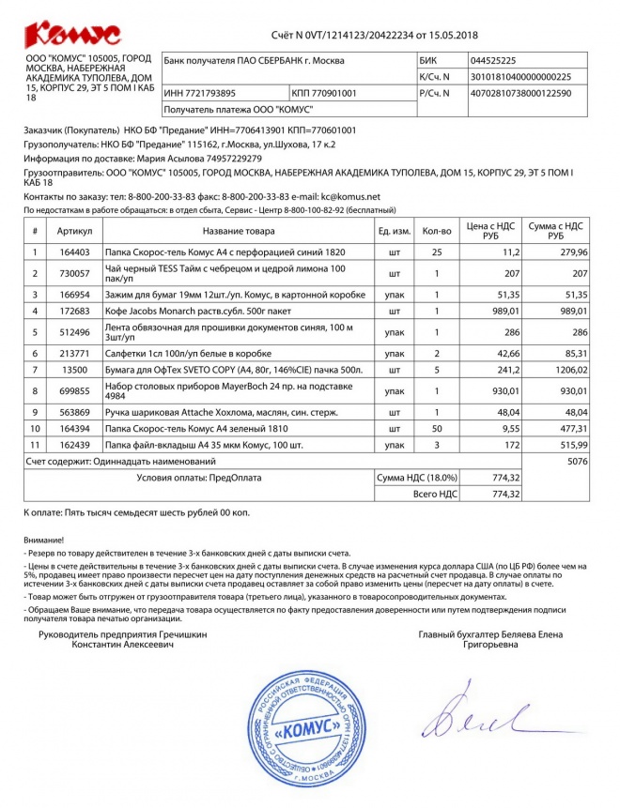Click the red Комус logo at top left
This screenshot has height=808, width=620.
[x=72, y=36]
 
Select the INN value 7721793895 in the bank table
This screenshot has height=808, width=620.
[x=200, y=94]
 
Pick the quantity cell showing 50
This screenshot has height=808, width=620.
[x=437, y=427]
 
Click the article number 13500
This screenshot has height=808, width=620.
[x=75, y=371]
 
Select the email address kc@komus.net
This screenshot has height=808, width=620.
[x=349, y=197]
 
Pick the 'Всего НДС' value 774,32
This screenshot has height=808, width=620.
[x=505, y=494]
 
